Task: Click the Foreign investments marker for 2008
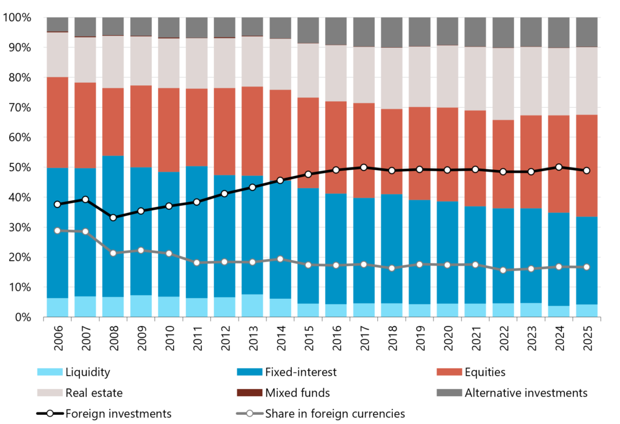(113, 218)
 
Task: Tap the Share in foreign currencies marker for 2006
(58, 231)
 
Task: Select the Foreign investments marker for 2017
(364, 168)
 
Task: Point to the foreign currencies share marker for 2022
(503, 270)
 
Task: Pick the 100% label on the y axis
(17, 18)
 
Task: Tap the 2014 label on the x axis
(280, 338)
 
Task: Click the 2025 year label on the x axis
(587, 338)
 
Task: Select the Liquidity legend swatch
(50, 372)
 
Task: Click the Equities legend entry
(471, 372)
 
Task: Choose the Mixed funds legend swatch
(249, 393)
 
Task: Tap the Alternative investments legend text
(526, 393)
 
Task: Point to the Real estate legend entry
(80, 393)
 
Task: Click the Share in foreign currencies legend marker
(249, 414)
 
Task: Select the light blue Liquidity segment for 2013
(252, 305)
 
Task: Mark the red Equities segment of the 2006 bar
(58, 123)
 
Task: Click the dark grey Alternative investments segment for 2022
(503, 33)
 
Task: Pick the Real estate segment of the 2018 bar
(392, 78)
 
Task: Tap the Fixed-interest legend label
(301, 372)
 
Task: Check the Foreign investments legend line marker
(50, 414)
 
